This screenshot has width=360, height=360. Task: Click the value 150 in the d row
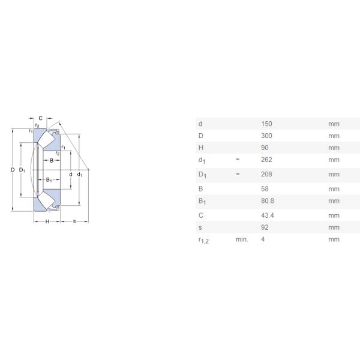[x=266, y=124]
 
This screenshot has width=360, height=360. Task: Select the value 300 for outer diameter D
[x=266, y=136]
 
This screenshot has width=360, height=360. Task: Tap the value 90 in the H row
[x=265, y=148]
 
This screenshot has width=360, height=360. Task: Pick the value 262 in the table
[x=266, y=160]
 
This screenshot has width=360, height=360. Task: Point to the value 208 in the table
[x=266, y=174]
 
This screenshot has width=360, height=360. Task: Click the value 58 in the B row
[x=265, y=189]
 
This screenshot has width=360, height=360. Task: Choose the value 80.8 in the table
[x=267, y=201]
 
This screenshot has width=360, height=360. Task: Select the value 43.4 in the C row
[x=267, y=215]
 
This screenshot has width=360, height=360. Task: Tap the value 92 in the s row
[x=265, y=227]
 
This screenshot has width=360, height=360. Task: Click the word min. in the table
[x=242, y=239]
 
